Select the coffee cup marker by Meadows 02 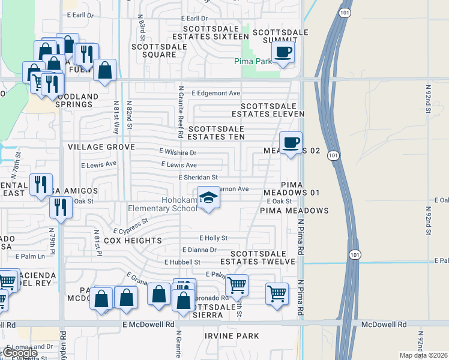tap(291, 142)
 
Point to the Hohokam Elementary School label tap(162, 204)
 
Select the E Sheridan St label tap(197, 177)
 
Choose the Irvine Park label tap(231, 336)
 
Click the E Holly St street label tap(213, 238)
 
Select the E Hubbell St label tap(182, 262)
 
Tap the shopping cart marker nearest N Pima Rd tap(277, 294)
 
